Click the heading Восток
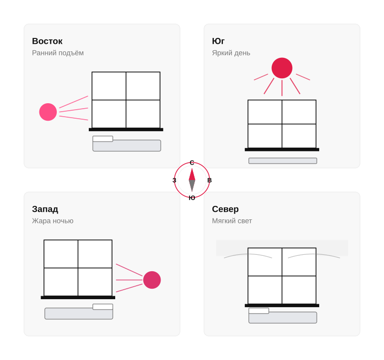tap(47, 41)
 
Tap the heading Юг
tap(218, 41)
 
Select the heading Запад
tap(45, 209)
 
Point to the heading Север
tap(225, 209)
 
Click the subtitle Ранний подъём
tap(58, 53)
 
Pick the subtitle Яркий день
tap(231, 53)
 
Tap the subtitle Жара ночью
tap(53, 221)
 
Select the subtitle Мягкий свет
tap(232, 221)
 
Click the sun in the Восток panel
tap(48, 112)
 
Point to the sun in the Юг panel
tap(282, 68)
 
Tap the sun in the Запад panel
tap(152, 280)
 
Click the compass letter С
tap(192, 163)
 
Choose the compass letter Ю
tap(192, 198)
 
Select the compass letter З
tap(175, 180)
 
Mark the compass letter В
tap(209, 180)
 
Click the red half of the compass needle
tap(192, 175)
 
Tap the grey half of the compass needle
tap(192, 186)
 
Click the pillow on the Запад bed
tap(103, 307)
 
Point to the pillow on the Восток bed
tap(103, 139)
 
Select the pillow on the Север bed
tap(259, 311)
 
